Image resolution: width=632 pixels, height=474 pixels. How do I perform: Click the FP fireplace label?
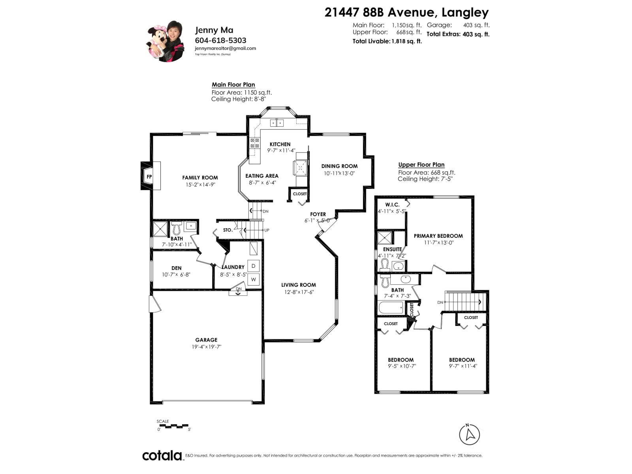pyautogui.click(x=149, y=177)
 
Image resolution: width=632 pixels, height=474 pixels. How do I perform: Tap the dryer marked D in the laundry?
pyautogui.click(x=253, y=266)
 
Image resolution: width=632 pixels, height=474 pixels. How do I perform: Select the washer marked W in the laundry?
pyautogui.click(x=253, y=279)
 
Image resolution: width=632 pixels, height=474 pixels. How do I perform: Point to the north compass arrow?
pyautogui.click(x=469, y=434)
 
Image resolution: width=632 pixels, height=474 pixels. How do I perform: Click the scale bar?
pyautogui.click(x=173, y=426)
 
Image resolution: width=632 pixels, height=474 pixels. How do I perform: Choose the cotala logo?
pyautogui.click(x=162, y=455)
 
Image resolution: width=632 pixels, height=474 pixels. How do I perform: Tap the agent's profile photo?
pyautogui.click(x=165, y=41)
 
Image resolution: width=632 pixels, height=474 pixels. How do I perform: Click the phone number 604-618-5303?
pyautogui.click(x=220, y=40)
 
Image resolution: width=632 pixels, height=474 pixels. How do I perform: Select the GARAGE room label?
pyautogui.click(x=206, y=340)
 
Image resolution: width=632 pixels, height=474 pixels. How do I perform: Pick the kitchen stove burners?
pyautogui.click(x=254, y=143)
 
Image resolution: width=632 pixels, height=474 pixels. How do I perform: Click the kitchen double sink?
pyautogui.click(x=277, y=123)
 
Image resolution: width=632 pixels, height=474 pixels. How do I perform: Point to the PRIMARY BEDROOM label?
pyautogui.click(x=438, y=236)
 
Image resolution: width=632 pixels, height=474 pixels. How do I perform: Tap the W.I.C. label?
pyautogui.click(x=392, y=205)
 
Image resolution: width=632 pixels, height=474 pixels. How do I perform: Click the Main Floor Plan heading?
pyautogui.click(x=233, y=85)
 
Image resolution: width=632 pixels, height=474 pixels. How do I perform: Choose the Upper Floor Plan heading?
pyautogui.click(x=421, y=165)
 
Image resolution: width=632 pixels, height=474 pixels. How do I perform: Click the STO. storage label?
pyautogui.click(x=228, y=230)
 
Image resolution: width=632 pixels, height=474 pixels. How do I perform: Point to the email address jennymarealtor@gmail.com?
pyautogui.click(x=226, y=48)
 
